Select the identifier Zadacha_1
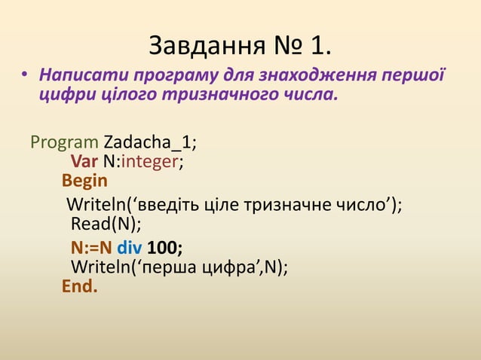(x=151, y=142)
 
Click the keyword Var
(x=84, y=161)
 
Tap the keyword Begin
(x=84, y=181)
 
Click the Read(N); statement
(x=106, y=224)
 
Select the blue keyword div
(x=129, y=248)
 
